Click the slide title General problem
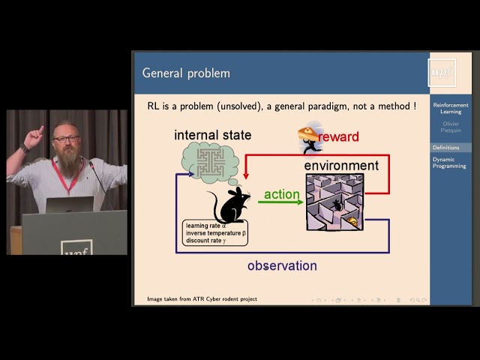[186, 73]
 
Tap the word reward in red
[338, 136]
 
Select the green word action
[281, 194]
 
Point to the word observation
[282, 265]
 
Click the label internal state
[212, 135]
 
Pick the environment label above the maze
[341, 165]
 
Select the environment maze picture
[334, 202]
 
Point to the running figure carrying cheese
[308, 136]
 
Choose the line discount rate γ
[210, 241]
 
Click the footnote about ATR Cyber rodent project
[202, 299]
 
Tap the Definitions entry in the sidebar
[446, 147]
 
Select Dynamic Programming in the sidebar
[449, 163]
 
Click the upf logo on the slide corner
[442, 72]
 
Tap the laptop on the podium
[69, 204]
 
